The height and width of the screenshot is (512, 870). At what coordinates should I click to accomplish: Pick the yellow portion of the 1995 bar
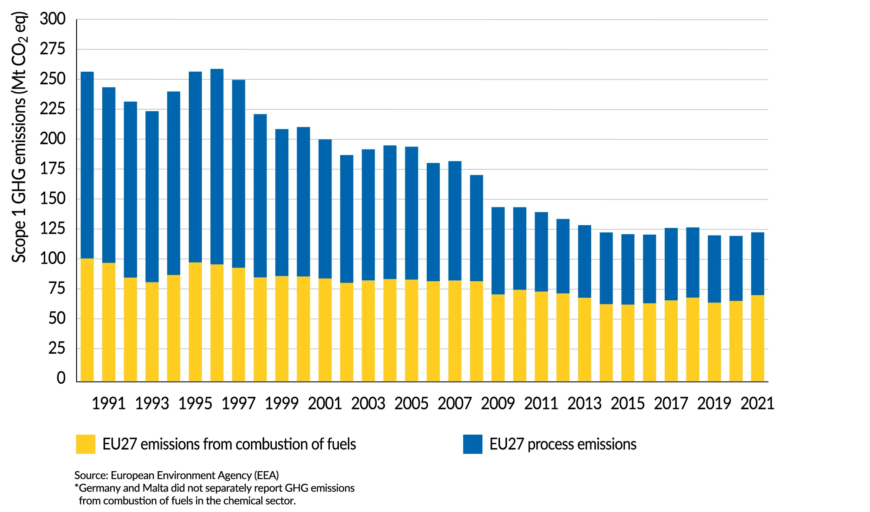pos(195,322)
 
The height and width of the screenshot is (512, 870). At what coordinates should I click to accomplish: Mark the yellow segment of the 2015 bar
pos(628,343)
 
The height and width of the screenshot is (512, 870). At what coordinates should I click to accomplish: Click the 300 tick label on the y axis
pos(53,19)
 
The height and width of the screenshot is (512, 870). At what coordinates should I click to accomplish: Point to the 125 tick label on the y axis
pos(53,229)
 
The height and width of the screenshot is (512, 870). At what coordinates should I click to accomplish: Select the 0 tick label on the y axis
pos(61,378)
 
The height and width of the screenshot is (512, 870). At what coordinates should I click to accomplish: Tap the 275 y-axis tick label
pos(53,49)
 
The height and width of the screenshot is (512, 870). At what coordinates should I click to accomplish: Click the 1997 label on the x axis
pos(238,404)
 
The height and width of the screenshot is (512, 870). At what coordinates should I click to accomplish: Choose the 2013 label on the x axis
pos(584,404)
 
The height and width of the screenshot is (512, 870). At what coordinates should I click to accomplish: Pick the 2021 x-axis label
pos(757,404)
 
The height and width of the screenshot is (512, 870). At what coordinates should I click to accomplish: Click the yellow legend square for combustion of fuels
pos(86,444)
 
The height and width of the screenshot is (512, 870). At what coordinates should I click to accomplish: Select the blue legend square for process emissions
pos(472,444)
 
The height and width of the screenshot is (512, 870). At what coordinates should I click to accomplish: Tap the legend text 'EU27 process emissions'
pos(562,444)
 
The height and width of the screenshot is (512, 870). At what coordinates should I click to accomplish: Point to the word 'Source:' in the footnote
pos(91,475)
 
